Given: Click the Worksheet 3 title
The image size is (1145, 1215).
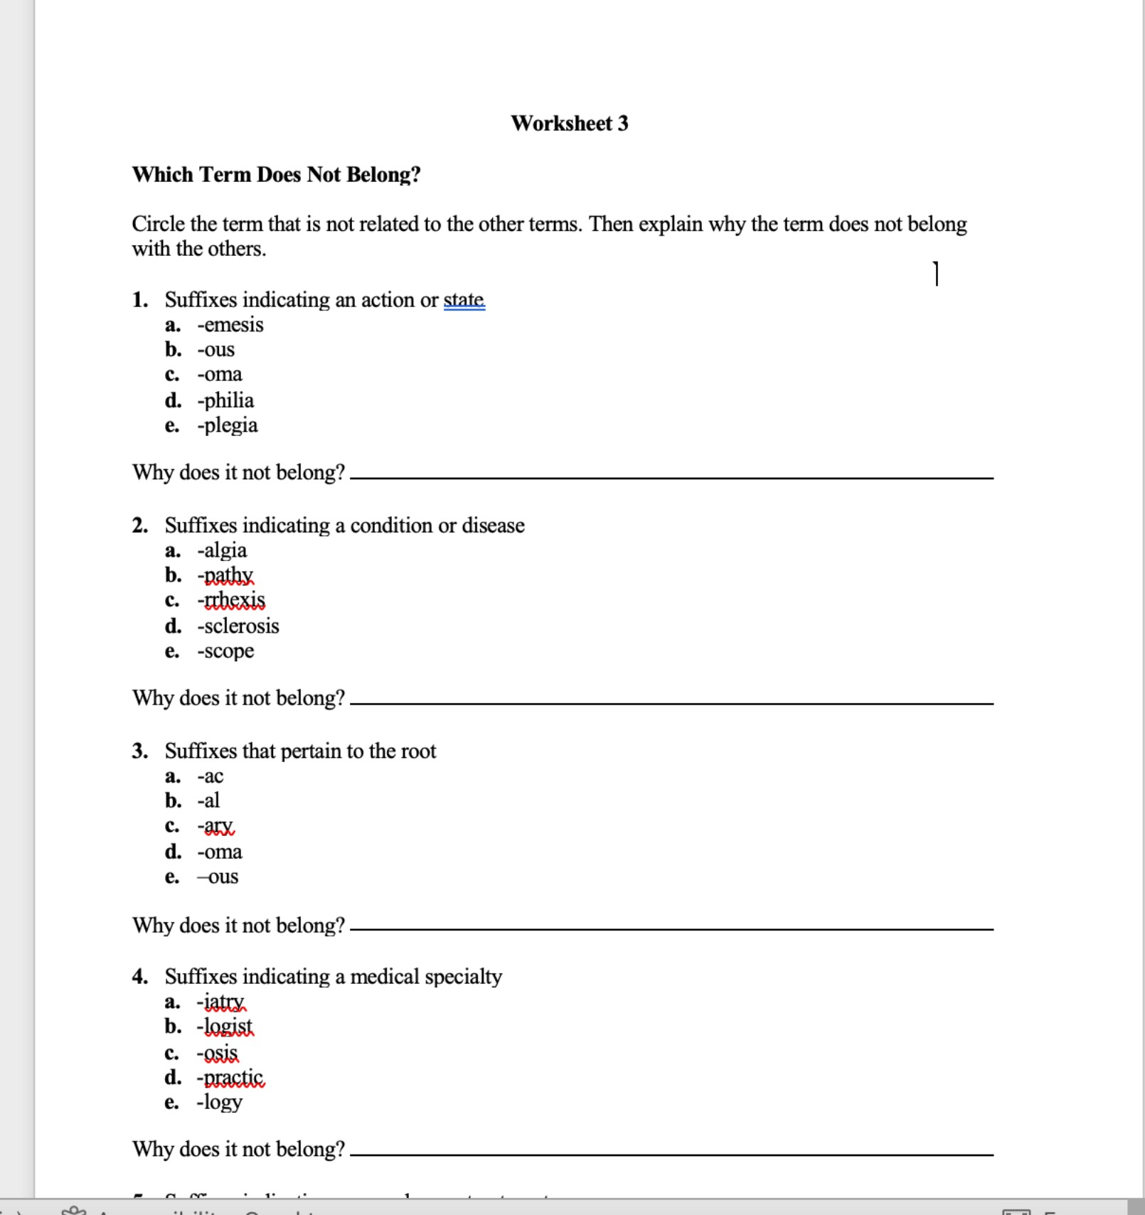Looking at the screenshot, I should (x=570, y=123).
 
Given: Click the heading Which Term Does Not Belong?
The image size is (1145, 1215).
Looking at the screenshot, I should (x=276, y=174).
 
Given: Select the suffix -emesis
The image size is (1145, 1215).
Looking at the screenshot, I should (x=230, y=325).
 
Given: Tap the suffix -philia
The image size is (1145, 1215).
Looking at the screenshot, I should (x=225, y=400).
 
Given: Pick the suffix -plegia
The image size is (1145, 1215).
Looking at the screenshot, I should (x=228, y=425).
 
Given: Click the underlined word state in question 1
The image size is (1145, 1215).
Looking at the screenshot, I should (x=464, y=300).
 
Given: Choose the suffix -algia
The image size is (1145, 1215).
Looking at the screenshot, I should (x=222, y=550).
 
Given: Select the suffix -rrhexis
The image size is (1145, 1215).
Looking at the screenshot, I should (x=231, y=601).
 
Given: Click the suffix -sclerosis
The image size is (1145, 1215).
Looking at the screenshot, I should (x=238, y=626).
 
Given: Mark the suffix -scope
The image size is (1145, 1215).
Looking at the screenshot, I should (x=225, y=651).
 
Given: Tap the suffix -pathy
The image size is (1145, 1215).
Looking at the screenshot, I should (x=225, y=575).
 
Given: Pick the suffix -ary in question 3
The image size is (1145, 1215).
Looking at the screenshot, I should (x=215, y=827).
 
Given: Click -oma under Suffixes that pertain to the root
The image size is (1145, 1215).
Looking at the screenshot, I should (x=220, y=852).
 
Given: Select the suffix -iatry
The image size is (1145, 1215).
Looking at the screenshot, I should (x=221, y=1002).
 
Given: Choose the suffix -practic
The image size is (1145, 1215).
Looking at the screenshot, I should (x=230, y=1078).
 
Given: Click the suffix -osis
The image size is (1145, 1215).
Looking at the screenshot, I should (x=218, y=1053).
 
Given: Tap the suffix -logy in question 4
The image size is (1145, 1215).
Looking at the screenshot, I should (x=220, y=1103).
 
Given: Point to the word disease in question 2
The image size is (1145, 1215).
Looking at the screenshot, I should (x=493, y=525).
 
